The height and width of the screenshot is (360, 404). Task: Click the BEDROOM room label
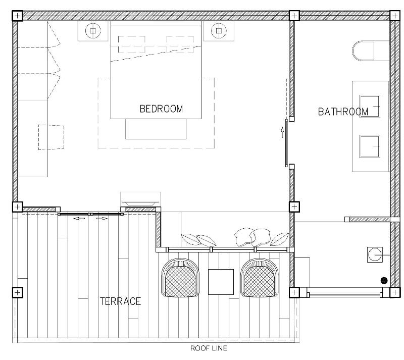point(161,109)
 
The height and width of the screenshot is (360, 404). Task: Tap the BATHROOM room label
point(343,112)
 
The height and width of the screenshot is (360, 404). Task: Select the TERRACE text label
point(120,301)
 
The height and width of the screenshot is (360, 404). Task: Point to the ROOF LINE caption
point(209,348)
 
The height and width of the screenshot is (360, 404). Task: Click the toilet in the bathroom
point(363,51)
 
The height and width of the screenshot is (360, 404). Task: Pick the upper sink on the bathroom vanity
point(370,106)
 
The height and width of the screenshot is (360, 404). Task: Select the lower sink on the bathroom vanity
point(370,146)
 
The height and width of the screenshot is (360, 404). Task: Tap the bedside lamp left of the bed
point(93,31)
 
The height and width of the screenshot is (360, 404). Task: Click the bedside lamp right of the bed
point(219,31)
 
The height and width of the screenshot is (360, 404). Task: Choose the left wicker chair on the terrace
point(180,278)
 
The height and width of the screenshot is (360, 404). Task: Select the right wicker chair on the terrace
point(260,278)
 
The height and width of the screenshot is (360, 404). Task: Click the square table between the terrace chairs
point(221,282)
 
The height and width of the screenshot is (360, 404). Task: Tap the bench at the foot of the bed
point(156,129)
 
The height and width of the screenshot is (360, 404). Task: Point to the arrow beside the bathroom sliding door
point(282,132)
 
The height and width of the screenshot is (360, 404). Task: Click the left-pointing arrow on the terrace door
point(79,219)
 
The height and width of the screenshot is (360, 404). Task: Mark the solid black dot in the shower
point(384,281)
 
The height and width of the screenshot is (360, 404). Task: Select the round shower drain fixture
point(375,254)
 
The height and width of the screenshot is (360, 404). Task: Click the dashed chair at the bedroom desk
point(52,137)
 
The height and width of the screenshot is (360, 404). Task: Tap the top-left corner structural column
point(17,16)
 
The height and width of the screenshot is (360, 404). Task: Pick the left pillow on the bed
point(132,44)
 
